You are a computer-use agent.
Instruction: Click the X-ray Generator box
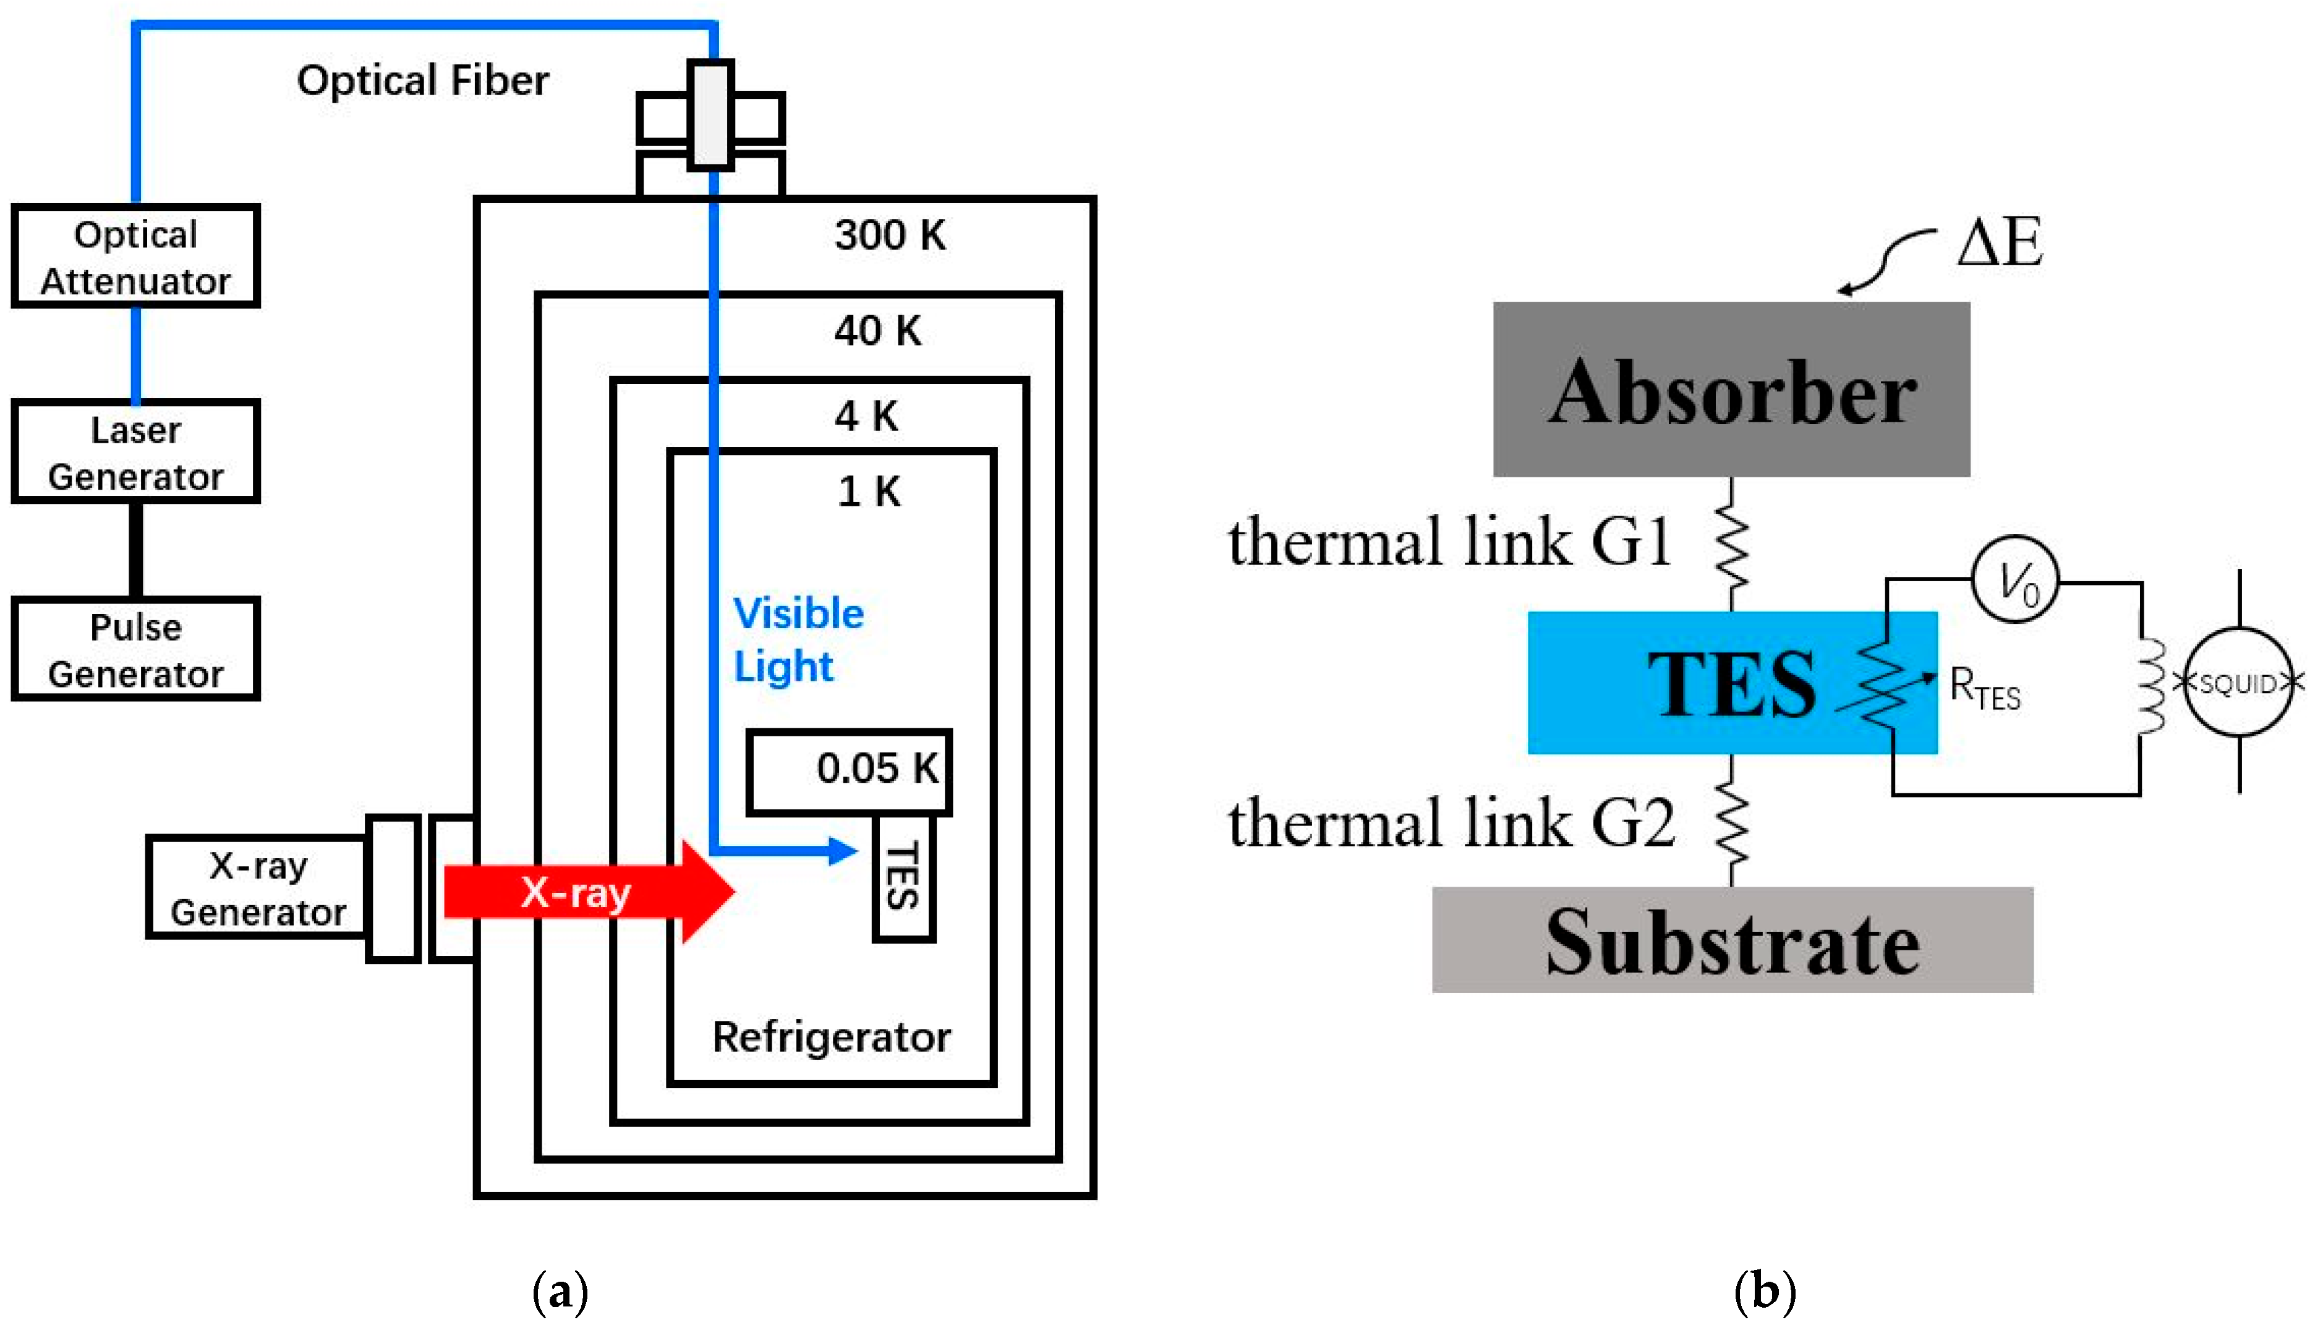pos(257,888)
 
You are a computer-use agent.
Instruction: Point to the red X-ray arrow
pos(588,892)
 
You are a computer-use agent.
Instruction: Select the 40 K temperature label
pos(877,331)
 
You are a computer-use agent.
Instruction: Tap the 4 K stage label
pos(866,416)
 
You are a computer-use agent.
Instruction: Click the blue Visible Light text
pos(798,639)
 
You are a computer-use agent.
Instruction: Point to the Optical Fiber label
pos(423,81)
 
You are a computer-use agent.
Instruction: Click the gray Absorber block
pos(1731,390)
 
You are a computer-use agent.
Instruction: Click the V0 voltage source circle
pos(2014,580)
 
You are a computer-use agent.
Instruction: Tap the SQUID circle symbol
pos(2238,683)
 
